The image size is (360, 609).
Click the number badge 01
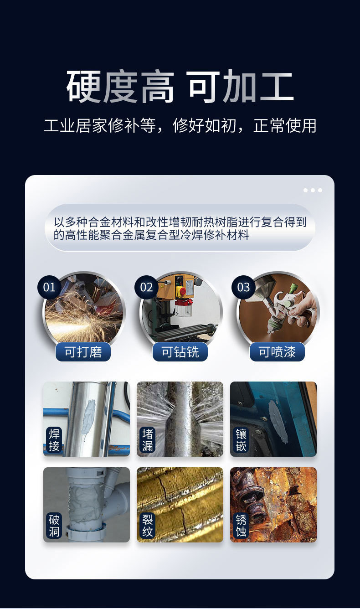pyautogui.click(x=49, y=287)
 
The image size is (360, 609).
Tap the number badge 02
pyautogui.click(x=146, y=287)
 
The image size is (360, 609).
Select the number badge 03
pyautogui.click(x=243, y=287)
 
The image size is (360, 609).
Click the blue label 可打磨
pyautogui.click(x=83, y=352)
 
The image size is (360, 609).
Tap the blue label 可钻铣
pyautogui.click(x=180, y=352)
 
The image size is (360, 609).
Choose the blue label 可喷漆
pyautogui.click(x=277, y=352)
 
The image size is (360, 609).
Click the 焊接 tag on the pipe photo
pyautogui.click(x=54, y=439)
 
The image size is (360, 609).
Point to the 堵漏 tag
pyautogui.click(x=148, y=439)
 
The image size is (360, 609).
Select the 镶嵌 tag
pyautogui.click(x=241, y=439)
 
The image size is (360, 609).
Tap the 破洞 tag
pyautogui.click(x=54, y=525)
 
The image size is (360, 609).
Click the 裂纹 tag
pyautogui.click(x=148, y=525)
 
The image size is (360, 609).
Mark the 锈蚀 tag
pyautogui.click(x=241, y=525)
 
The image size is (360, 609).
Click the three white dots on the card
pyautogui.click(x=313, y=190)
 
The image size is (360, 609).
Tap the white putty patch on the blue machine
pyautogui.click(x=278, y=422)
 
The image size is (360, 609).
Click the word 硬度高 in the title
pyautogui.click(x=120, y=87)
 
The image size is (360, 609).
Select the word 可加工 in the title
pyautogui.click(x=240, y=87)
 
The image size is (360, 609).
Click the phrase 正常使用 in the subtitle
pyautogui.click(x=285, y=125)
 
